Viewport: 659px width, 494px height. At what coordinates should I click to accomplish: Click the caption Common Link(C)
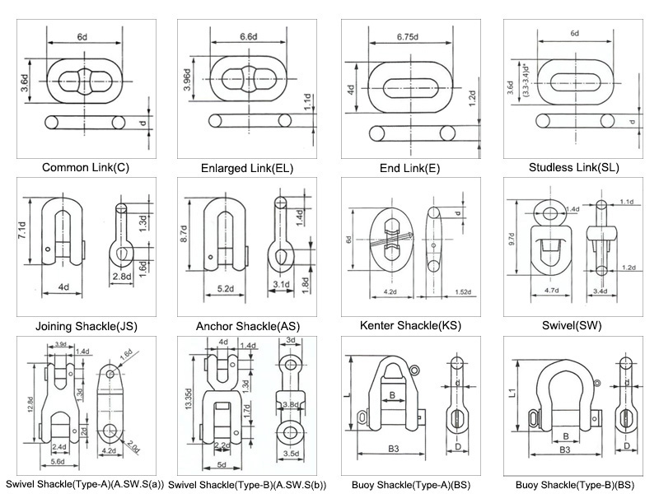coord(86,168)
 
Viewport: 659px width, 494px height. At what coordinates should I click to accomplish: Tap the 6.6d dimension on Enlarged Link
coord(249,38)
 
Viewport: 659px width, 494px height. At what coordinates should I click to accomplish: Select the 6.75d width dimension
coord(410,37)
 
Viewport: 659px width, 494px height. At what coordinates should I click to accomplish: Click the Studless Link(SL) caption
coord(576,168)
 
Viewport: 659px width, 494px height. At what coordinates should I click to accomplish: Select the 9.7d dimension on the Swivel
coord(512,239)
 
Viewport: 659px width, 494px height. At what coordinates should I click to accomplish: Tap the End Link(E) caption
coord(409,168)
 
